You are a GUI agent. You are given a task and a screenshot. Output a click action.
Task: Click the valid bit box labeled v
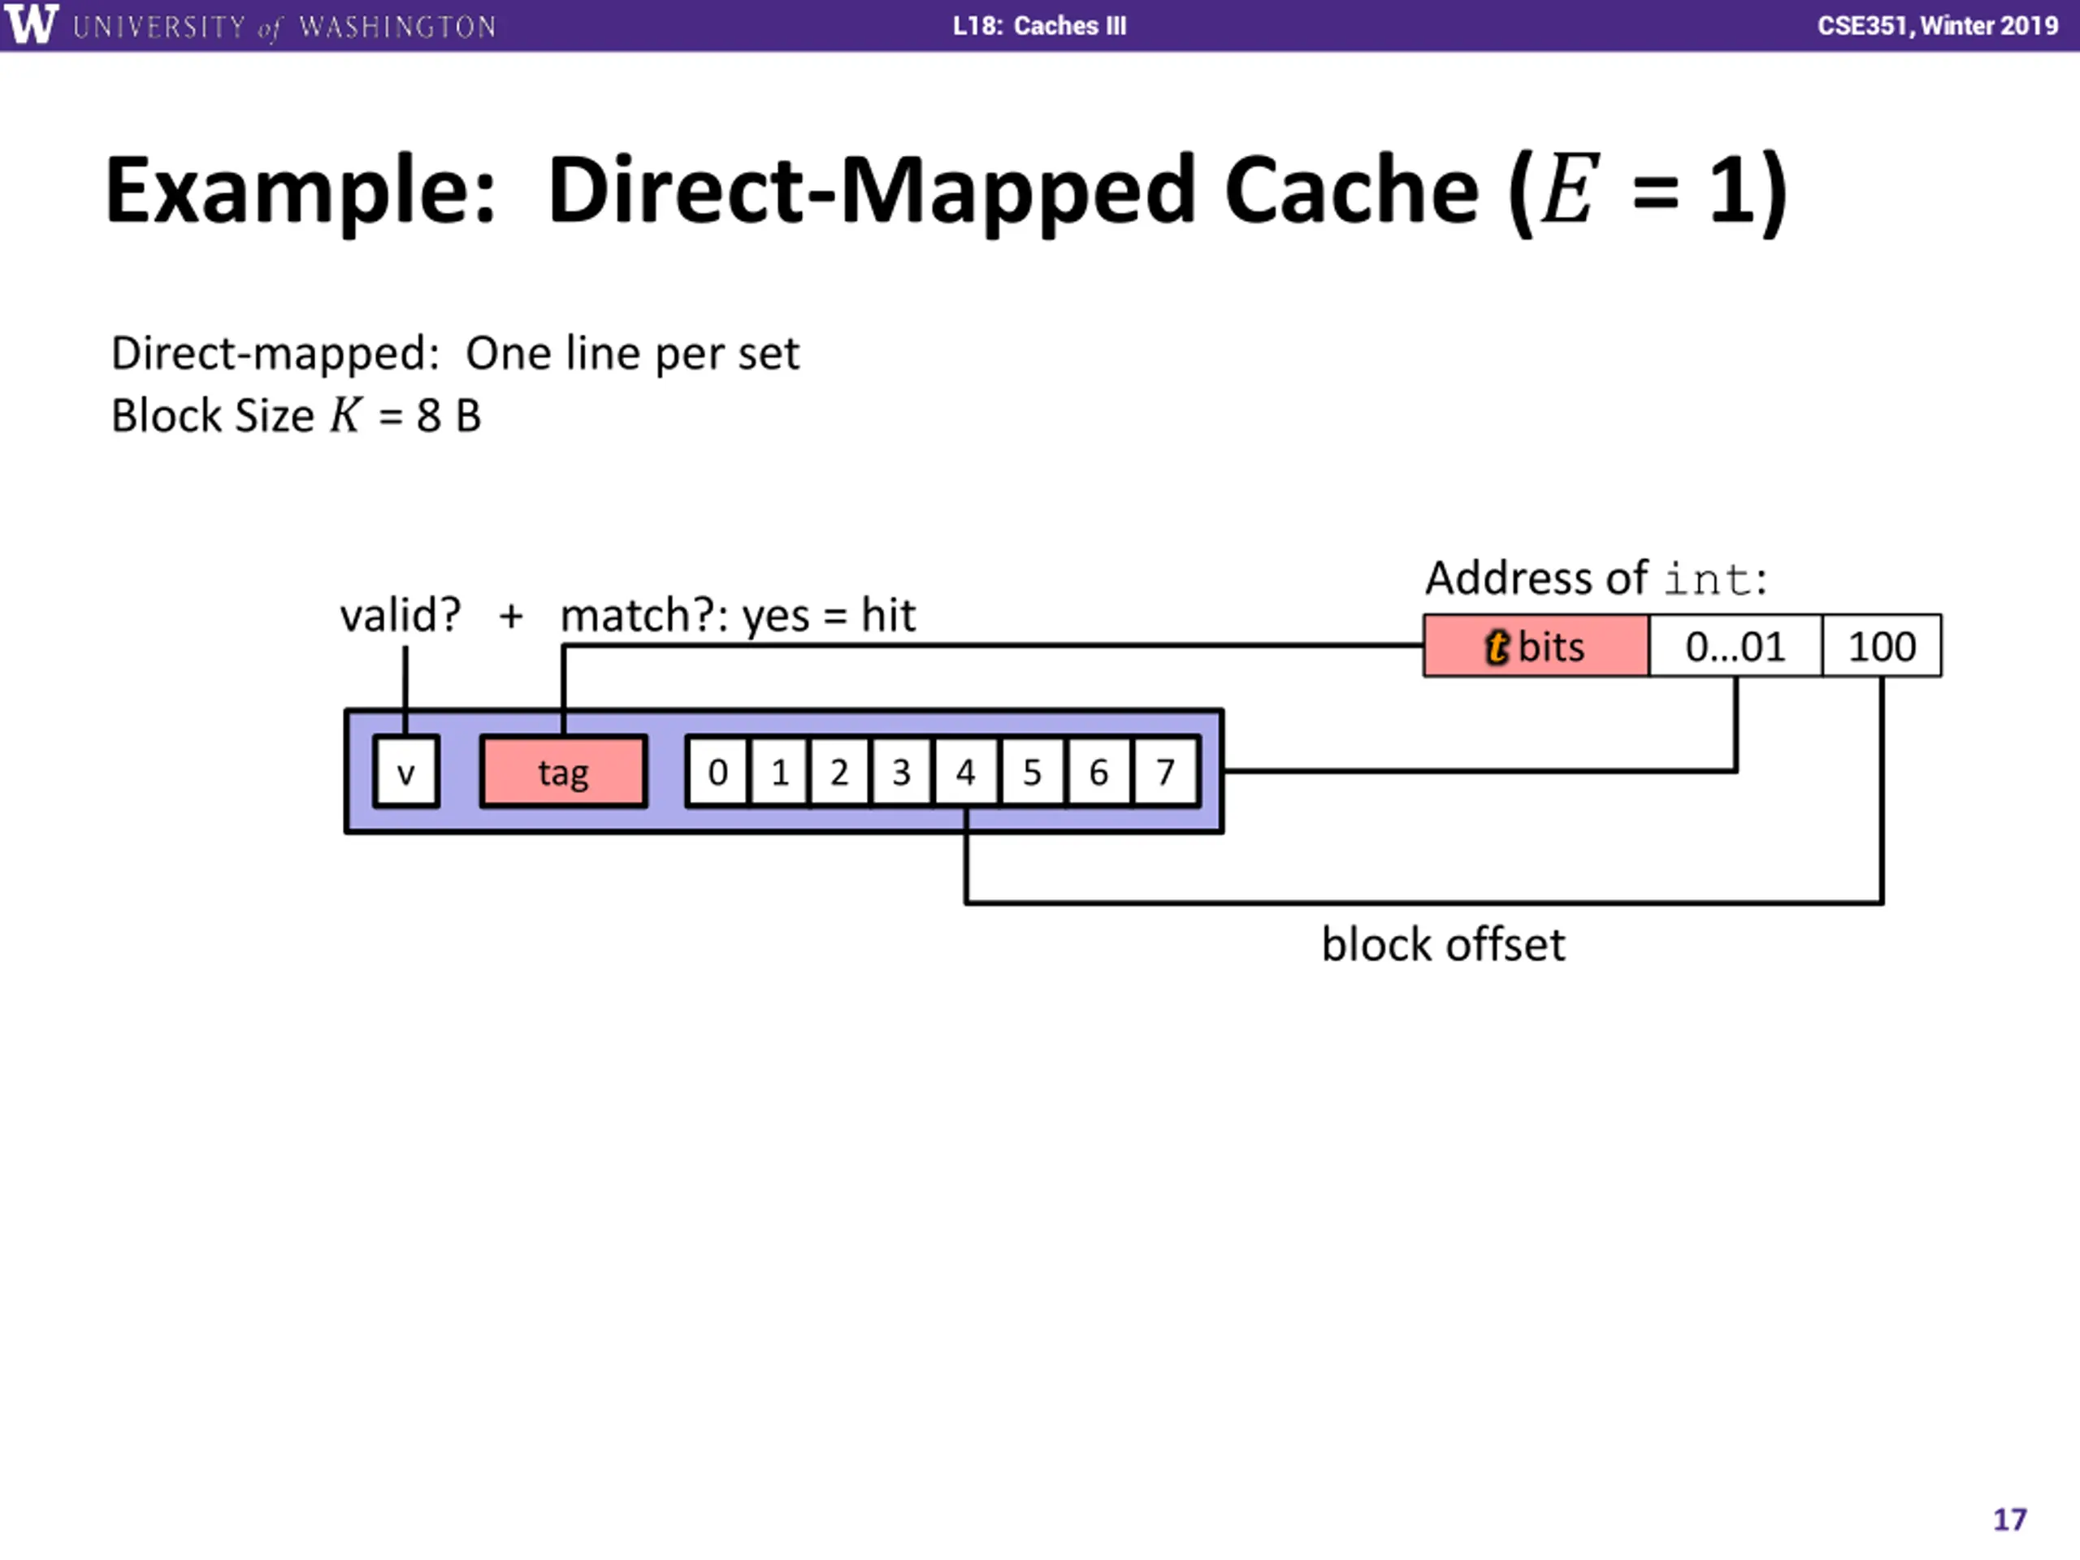coord(406,772)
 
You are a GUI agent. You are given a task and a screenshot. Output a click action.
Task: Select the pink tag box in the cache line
coord(563,772)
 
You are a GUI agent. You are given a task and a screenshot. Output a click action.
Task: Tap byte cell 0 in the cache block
coord(718,772)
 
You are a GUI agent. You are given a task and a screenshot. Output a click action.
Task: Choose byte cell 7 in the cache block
coord(1166,772)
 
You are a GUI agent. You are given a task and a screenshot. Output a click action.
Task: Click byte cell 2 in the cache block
coord(838,772)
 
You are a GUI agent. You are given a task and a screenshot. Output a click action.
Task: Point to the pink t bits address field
coord(1536,646)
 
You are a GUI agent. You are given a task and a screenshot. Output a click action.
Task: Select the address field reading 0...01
coord(1735,646)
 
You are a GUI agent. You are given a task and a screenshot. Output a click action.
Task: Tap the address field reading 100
coord(1882,646)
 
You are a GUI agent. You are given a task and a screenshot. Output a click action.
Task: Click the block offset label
coord(1443,944)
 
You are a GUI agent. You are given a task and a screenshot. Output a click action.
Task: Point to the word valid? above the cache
coord(401,616)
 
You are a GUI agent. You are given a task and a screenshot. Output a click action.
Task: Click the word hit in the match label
coord(888,616)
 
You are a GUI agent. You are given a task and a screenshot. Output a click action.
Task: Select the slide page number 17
coord(2009,1519)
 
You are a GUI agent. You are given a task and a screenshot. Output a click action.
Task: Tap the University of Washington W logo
coord(31,24)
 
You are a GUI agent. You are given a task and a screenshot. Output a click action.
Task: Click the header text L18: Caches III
coord(1039,25)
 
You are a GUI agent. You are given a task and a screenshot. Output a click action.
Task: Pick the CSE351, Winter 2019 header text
coord(1937,25)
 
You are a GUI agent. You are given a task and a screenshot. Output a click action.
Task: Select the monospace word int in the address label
coord(1707,579)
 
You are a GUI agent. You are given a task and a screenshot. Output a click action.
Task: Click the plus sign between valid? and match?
coord(510,617)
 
